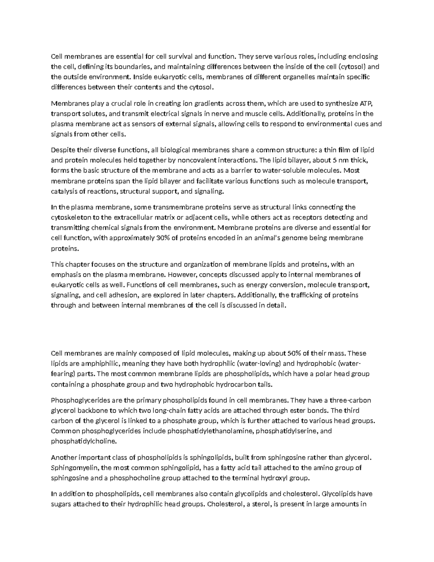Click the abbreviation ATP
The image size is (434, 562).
(x=366, y=103)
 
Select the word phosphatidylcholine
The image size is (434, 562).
(x=84, y=441)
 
